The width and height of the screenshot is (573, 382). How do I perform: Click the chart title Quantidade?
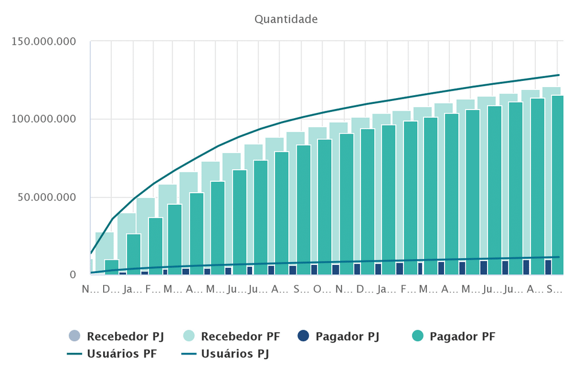(286, 20)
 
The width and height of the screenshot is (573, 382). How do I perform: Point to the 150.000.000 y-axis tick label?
(42, 41)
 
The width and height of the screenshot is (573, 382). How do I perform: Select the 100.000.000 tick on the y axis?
(42, 119)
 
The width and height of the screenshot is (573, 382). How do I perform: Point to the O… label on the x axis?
(321, 289)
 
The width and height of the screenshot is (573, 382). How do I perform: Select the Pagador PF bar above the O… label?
(324, 206)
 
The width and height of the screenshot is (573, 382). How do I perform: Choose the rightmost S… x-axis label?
(554, 289)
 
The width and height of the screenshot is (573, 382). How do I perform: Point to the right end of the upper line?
(559, 75)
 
